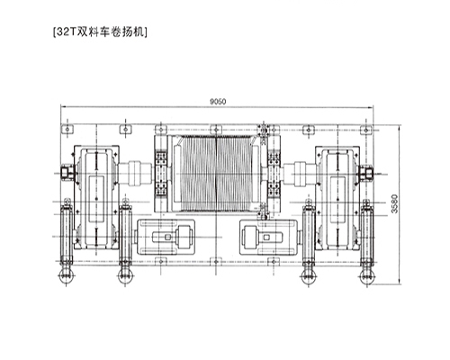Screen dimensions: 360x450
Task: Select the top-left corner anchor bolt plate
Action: pyautogui.click(x=69, y=128)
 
